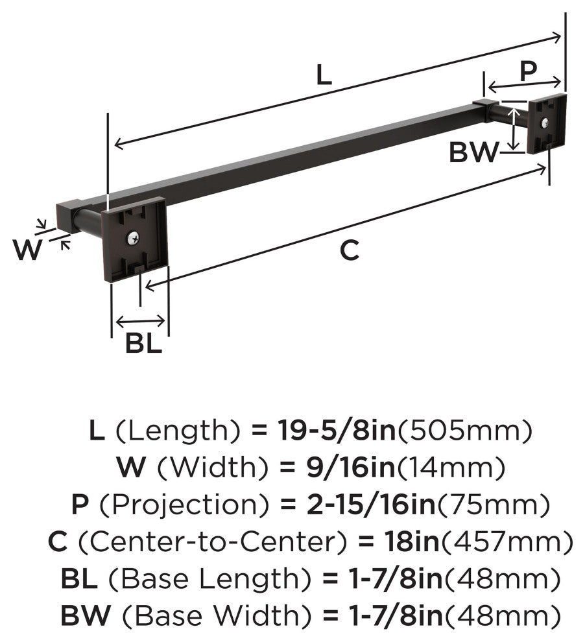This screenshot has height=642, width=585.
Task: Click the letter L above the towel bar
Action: point(324,76)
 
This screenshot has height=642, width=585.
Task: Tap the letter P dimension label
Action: point(528,71)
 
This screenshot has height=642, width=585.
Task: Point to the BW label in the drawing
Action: point(474,152)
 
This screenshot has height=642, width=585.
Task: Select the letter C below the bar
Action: point(349,250)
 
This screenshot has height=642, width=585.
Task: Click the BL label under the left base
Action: point(144,343)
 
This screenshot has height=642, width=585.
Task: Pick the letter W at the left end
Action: point(27,250)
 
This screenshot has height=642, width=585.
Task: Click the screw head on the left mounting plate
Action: point(133,238)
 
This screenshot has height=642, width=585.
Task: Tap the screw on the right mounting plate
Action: point(545,123)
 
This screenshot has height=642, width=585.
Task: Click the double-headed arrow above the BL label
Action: point(141,321)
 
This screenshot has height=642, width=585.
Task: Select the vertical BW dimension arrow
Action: point(514,129)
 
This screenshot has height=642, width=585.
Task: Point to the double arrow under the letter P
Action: point(525,85)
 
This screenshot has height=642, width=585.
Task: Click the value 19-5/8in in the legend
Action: point(337,431)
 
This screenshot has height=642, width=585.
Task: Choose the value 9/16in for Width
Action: point(350,467)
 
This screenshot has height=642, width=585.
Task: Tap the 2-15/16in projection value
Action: point(370,504)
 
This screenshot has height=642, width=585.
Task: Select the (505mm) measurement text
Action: point(464,431)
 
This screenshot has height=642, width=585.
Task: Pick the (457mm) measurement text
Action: point(507,541)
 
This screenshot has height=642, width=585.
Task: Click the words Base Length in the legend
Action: point(209,578)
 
